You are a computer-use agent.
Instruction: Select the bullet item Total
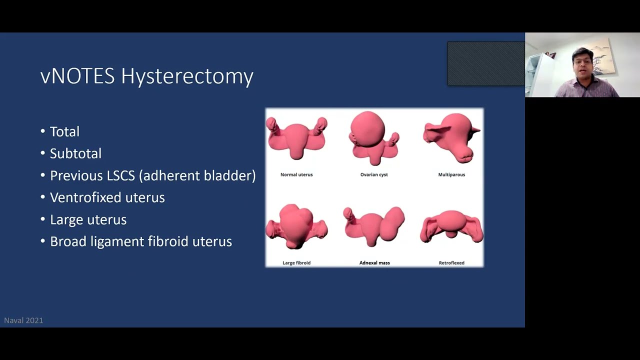point(64,131)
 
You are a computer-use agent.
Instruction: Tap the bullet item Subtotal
point(75,153)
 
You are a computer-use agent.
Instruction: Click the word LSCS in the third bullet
point(120,175)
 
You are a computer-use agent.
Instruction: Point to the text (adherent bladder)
point(197,175)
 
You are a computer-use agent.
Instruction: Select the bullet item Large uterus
point(88,219)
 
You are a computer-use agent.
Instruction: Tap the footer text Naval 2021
point(23,320)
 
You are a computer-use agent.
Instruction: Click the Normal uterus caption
point(296,174)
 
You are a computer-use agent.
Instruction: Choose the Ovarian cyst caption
point(374,174)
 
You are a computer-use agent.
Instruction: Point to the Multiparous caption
point(451,174)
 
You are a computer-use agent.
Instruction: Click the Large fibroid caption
point(296,262)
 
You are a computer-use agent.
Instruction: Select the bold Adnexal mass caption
point(374,262)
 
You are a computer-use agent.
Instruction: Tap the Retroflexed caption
point(451,262)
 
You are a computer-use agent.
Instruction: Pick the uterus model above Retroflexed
point(451,227)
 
